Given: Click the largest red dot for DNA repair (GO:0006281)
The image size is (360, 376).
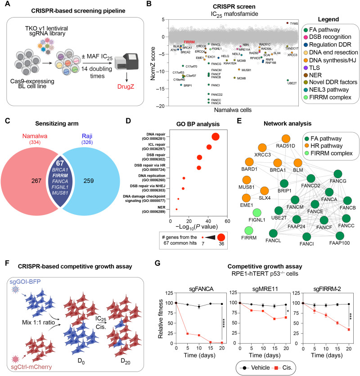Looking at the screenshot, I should (215, 137).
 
